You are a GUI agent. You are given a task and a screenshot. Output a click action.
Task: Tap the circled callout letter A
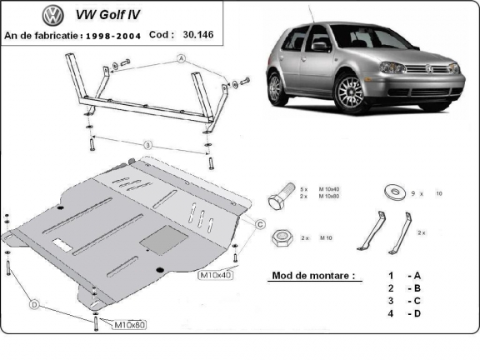point(180,58)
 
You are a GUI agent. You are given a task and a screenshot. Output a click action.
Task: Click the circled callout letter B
point(147,146)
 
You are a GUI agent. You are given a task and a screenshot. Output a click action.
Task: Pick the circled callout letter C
point(259,224)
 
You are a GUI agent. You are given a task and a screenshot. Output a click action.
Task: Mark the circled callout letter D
point(35,305)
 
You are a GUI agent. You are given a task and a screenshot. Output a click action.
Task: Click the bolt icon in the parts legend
point(280,199)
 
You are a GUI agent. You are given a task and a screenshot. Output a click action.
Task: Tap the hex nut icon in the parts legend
point(282,238)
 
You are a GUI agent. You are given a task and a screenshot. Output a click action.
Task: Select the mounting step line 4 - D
point(404,312)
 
